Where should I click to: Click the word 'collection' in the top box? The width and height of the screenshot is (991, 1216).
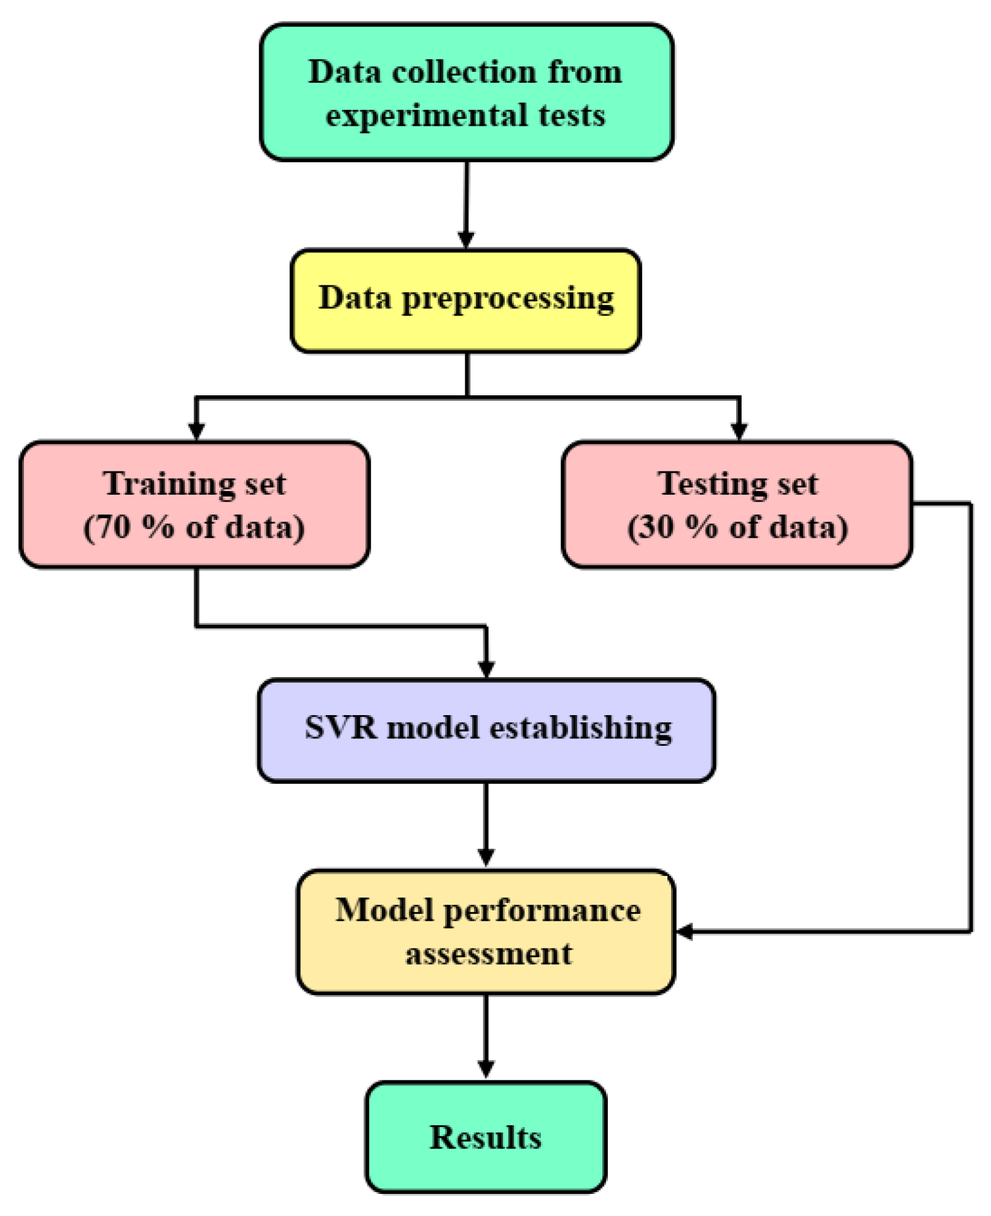click(x=464, y=72)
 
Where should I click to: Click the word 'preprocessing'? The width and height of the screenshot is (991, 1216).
click(x=508, y=300)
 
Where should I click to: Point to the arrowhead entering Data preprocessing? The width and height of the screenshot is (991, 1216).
click(x=466, y=239)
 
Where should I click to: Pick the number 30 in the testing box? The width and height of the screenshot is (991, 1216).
click(x=656, y=527)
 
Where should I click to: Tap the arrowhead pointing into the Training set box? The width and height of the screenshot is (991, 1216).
click(x=196, y=431)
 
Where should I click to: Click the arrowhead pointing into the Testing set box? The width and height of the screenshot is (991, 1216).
click(x=739, y=431)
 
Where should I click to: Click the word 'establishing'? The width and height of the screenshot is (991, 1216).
click(x=580, y=729)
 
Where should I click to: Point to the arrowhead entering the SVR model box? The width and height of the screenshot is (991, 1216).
click(x=486, y=669)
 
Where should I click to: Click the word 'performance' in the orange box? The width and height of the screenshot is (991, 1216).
click(x=541, y=911)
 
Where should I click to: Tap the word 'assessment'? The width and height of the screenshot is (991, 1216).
click(x=489, y=954)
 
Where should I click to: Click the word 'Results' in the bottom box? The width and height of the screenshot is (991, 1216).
click(x=485, y=1137)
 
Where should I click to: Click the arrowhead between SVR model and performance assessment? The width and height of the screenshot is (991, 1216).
click(x=486, y=857)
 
